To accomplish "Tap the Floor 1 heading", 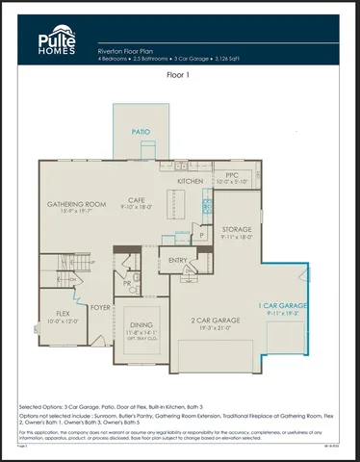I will [x=179, y=73].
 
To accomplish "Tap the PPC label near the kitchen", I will [x=232, y=174].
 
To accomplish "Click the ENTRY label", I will [x=178, y=260].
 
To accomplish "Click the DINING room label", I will [x=141, y=325].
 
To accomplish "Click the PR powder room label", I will [x=127, y=284].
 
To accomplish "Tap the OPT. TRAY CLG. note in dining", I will [x=141, y=340].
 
